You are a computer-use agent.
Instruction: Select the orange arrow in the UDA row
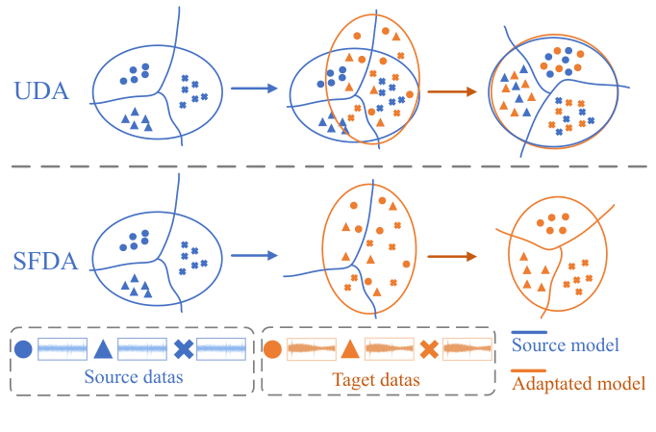[x=452, y=92]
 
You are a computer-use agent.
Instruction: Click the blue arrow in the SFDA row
[x=257, y=256]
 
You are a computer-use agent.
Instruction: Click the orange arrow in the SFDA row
[x=452, y=257]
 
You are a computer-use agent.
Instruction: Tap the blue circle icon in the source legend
[x=24, y=350]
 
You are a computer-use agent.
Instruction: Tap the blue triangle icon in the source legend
[x=103, y=350]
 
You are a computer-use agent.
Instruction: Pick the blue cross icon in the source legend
[x=184, y=350]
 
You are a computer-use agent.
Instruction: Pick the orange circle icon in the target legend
[x=273, y=350]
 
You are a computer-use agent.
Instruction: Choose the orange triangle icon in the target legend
[x=351, y=350]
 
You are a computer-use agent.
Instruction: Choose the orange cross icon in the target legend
[x=430, y=350]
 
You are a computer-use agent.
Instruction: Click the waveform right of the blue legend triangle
[x=143, y=350]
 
